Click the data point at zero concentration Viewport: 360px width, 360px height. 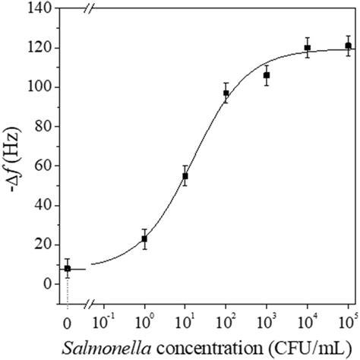coord(67,268)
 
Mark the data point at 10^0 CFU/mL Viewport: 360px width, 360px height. coord(144,238)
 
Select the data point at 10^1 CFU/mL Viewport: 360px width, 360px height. coord(185,175)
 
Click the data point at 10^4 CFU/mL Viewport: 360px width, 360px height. coord(308,48)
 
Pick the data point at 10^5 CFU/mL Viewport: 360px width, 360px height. coord(348,46)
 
